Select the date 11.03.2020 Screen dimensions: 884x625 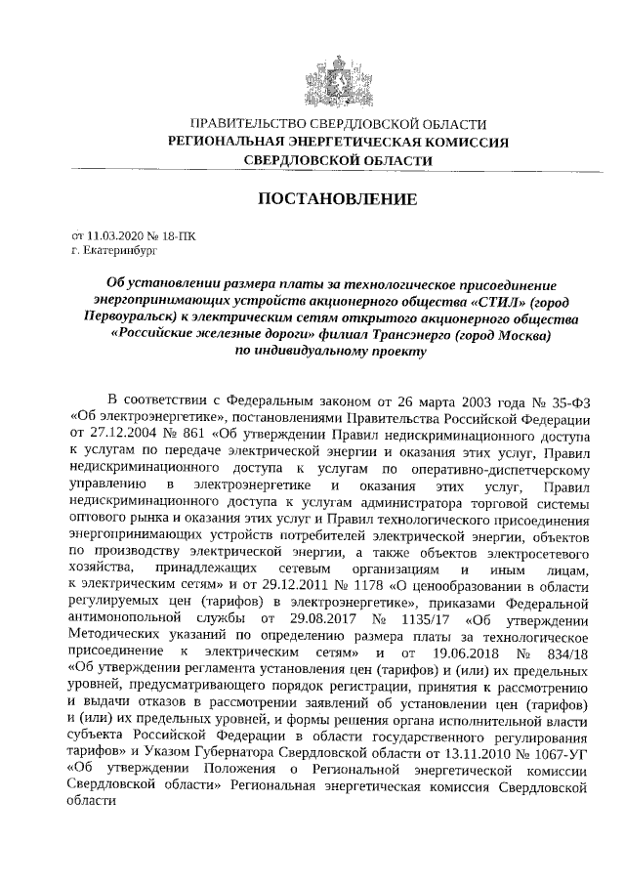pyautogui.click(x=115, y=235)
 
